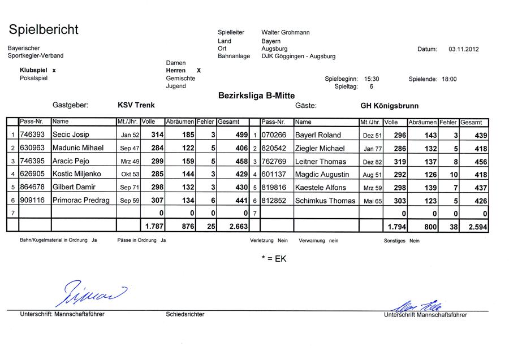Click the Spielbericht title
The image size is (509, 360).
44,29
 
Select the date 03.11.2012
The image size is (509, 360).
464,49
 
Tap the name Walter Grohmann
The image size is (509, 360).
286,33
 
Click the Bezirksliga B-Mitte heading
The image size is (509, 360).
256,96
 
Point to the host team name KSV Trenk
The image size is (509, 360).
136,105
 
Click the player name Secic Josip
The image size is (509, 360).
71,135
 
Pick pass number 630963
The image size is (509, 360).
33,148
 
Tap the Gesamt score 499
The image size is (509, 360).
241,135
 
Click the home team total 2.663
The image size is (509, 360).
238,226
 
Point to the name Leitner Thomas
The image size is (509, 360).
321,162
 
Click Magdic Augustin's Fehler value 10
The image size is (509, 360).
453,175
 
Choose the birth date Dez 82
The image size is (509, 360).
372,162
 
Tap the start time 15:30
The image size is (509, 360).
372,80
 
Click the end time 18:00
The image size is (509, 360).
448,80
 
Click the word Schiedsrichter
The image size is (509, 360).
185,314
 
